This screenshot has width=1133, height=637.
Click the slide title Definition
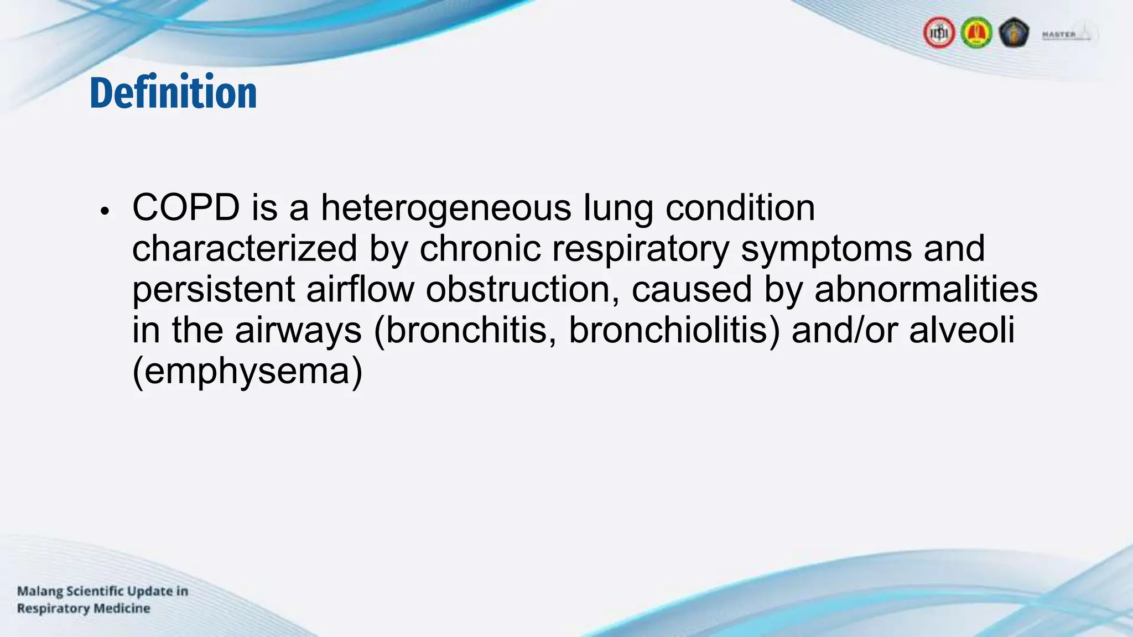click(x=173, y=92)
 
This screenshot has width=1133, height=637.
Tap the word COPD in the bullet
click(x=186, y=208)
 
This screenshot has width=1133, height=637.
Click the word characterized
click(x=245, y=249)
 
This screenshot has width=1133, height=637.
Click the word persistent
click(x=214, y=290)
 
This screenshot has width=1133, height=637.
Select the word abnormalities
click(x=926, y=290)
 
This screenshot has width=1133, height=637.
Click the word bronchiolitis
click(x=674, y=331)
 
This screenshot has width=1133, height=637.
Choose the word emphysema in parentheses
click(x=247, y=372)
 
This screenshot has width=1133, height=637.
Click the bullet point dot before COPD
click(x=105, y=212)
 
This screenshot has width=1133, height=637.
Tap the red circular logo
click(x=939, y=33)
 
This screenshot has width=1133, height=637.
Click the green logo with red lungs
click(x=976, y=33)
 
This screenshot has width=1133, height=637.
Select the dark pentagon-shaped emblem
click(x=1014, y=33)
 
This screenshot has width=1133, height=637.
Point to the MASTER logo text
click(x=1059, y=34)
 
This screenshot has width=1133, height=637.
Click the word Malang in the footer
click(x=39, y=591)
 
